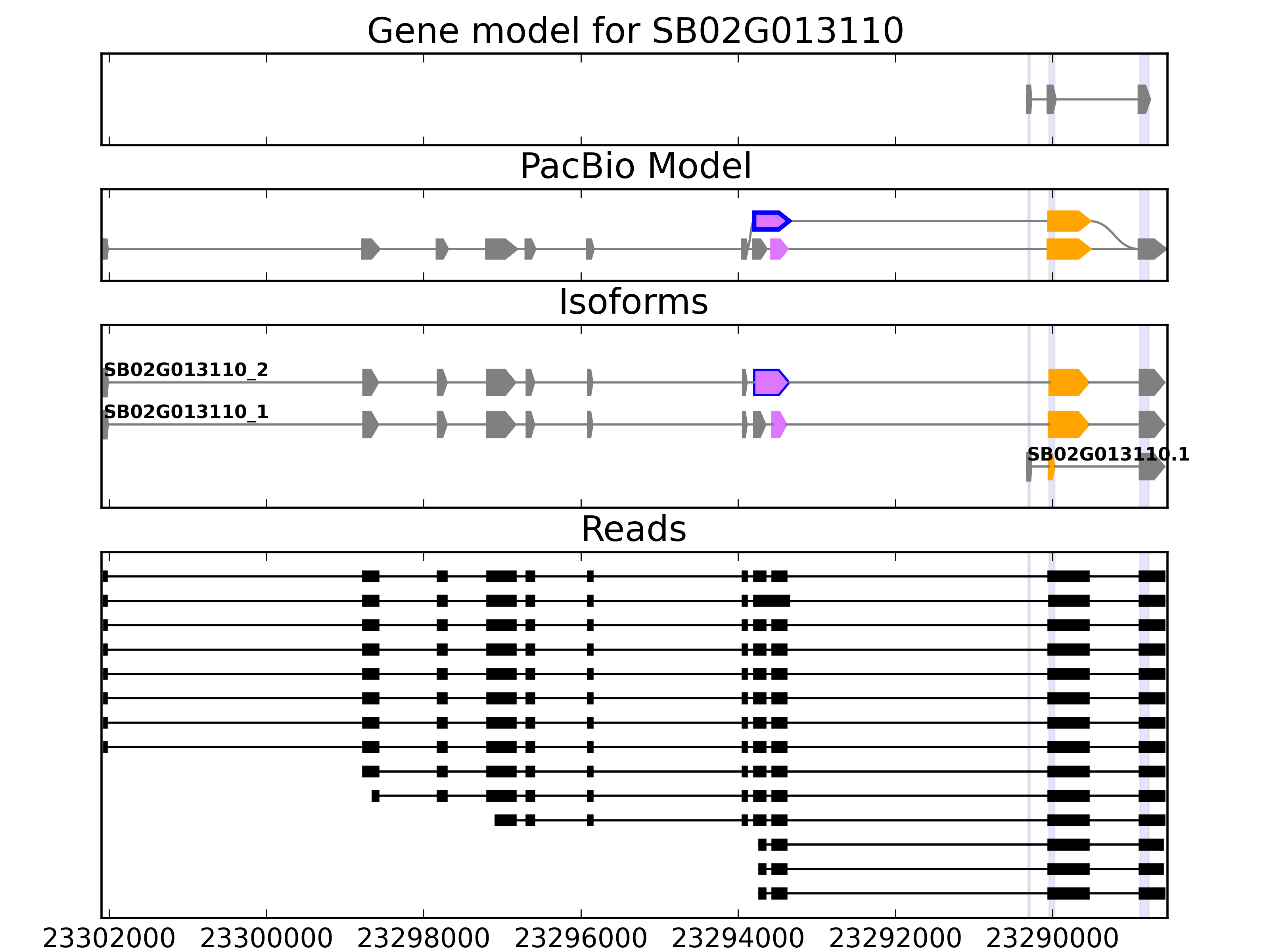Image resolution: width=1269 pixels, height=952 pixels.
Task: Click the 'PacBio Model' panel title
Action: [x=635, y=167]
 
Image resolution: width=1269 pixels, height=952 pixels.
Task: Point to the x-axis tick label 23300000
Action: [x=266, y=939]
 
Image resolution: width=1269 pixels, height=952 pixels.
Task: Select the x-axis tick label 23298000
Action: [x=424, y=939]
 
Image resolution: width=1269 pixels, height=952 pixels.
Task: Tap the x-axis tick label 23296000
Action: [x=581, y=939]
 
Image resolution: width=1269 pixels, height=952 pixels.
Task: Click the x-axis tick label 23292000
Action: [x=895, y=939]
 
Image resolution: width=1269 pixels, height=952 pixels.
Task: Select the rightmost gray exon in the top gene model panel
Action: [x=1143, y=99]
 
